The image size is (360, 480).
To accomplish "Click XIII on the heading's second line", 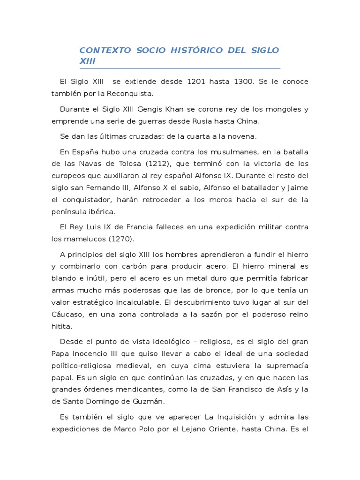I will click(87, 61).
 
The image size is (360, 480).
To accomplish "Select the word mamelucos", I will click(85, 239).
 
